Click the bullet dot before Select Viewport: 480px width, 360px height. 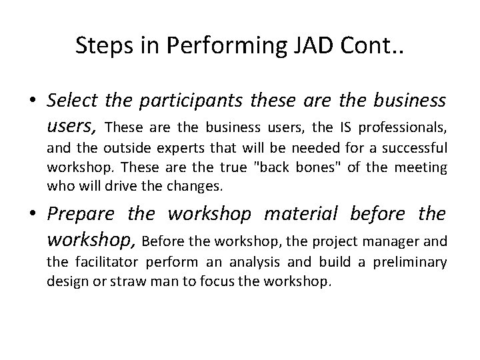(x=32, y=101)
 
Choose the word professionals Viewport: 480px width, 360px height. (x=405, y=125)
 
